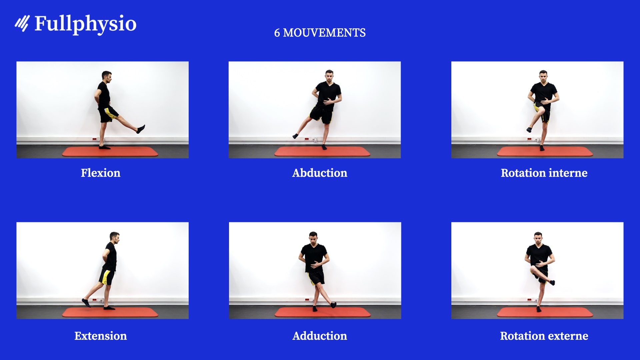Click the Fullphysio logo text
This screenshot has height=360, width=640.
(85, 24)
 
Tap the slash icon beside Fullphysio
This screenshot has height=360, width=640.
(22, 23)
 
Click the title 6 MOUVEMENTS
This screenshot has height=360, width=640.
(320, 33)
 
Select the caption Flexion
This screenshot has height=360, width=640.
(100, 173)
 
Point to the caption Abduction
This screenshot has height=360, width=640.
(320, 173)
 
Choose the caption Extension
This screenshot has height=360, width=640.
(100, 336)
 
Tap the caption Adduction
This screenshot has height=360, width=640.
(320, 336)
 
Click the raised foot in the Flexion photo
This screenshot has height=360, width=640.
(141, 129)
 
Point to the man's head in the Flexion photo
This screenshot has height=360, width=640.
(107, 76)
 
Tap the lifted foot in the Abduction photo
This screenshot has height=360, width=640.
(295, 136)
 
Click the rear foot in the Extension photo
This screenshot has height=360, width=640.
(86, 303)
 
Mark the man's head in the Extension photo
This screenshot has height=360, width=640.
(115, 237)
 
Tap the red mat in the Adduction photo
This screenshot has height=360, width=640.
(350, 313)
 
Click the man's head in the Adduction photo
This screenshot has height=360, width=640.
(313, 237)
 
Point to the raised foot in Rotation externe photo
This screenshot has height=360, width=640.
(552, 283)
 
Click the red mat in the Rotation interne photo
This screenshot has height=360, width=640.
(567, 152)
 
